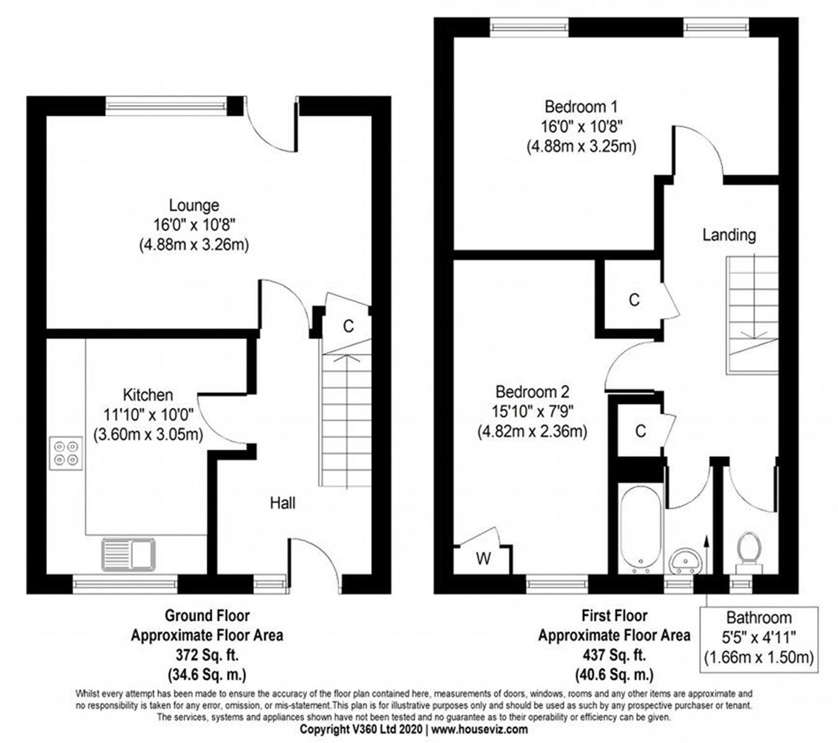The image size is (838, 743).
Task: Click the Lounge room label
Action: click(194, 205)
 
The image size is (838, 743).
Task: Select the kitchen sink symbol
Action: click(128, 554)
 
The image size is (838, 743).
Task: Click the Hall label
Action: click(282, 503)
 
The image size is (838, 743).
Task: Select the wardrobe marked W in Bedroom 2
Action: click(484, 559)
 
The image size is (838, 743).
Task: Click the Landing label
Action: click(729, 235)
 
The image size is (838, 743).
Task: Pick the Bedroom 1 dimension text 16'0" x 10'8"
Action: click(581, 126)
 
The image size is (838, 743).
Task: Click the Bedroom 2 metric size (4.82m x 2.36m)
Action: click(532, 431)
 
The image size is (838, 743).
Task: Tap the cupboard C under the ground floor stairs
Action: click(348, 326)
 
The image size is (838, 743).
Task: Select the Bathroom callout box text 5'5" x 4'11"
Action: click(759, 637)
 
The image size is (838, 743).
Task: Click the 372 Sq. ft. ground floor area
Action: click(207, 655)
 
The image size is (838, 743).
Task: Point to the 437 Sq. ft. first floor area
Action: click(614, 655)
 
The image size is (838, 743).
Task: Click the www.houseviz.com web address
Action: click(480, 729)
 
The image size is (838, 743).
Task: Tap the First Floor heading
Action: click(614, 616)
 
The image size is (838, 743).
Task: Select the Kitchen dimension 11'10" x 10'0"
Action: click(148, 415)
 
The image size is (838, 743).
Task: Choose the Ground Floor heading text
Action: click(207, 616)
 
